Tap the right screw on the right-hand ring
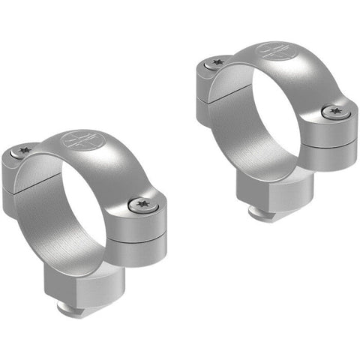[333, 112]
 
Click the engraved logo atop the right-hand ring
[271, 52]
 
